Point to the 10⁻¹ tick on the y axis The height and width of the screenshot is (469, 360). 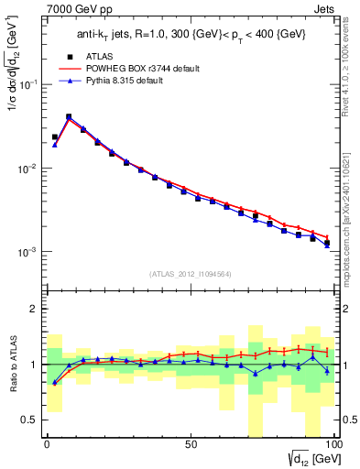click(x=28, y=84)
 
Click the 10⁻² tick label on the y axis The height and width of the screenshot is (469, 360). click(x=28, y=169)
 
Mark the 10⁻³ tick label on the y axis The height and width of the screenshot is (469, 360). click(x=28, y=252)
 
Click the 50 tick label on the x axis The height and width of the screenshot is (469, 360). click(x=190, y=442)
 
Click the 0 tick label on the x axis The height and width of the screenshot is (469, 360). click(x=47, y=442)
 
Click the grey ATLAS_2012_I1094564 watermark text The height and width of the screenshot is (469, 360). click(x=190, y=273)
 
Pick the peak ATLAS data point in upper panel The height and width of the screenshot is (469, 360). click(x=69, y=117)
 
